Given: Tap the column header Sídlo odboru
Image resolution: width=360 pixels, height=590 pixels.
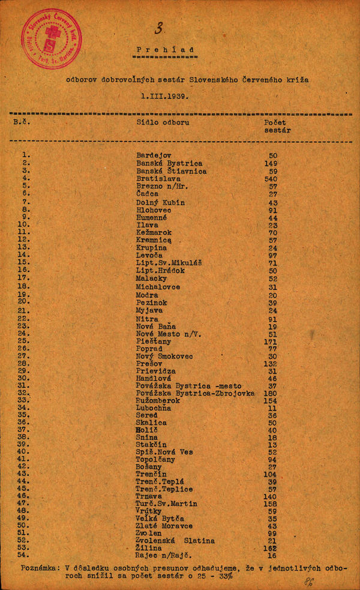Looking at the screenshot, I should point(163,122).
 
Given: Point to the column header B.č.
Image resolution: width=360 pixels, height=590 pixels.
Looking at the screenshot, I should point(22,122).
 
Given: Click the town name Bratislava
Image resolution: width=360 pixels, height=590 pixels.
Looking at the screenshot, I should point(158,179).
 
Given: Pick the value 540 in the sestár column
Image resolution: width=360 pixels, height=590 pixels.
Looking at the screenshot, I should point(272,179).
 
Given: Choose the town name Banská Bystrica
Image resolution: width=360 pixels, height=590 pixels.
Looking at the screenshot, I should point(169,163).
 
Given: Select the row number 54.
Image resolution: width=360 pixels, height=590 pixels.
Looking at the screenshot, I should point(23,555).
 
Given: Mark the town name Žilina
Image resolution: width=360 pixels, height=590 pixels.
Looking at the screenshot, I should point(149,549).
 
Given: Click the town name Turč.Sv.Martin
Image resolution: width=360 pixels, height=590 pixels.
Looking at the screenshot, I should point(166,504).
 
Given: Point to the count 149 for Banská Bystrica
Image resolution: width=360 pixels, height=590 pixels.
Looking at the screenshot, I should point(272,163).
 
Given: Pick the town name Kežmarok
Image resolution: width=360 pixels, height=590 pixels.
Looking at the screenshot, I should point(154,232).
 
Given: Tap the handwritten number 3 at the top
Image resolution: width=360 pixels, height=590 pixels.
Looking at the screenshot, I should point(159,28).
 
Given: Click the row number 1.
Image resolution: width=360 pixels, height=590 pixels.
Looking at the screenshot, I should point(26,154).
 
